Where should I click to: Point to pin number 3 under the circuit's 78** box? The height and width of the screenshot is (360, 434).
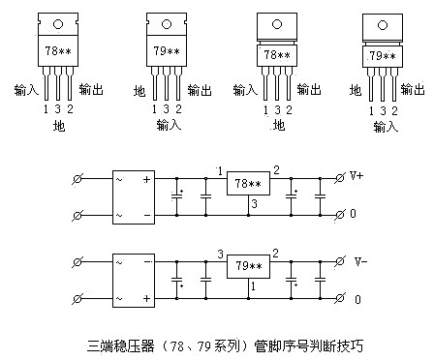[x=252, y=203]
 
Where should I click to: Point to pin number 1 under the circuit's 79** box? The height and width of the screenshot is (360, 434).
[x=252, y=287]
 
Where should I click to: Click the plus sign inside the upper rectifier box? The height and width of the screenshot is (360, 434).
[x=147, y=180]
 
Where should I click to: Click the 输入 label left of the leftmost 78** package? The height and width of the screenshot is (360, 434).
[x=27, y=90]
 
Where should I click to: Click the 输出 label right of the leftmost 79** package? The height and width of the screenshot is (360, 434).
[x=200, y=90]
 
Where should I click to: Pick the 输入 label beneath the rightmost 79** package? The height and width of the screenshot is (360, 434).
[x=385, y=126]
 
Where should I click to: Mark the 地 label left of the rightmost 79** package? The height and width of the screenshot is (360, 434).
[x=355, y=90]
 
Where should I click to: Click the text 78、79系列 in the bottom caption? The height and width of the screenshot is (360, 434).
[x=190, y=344]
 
